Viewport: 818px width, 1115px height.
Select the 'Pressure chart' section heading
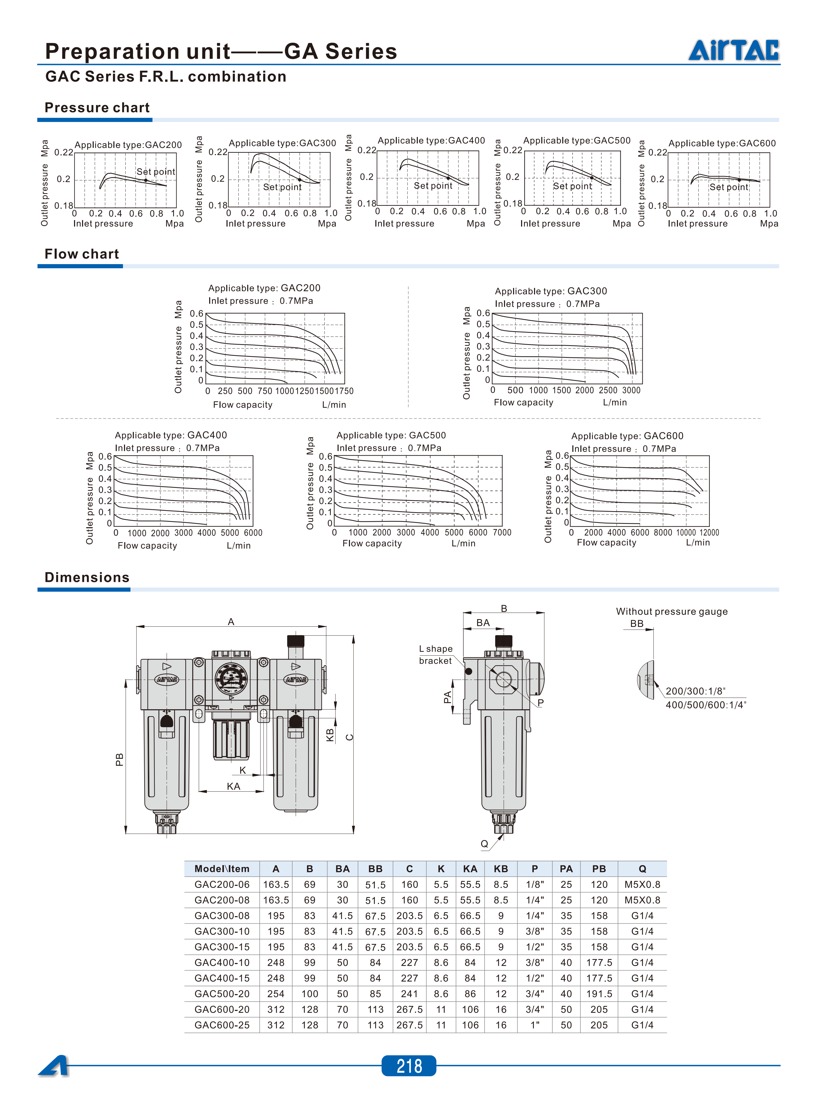coord(97,107)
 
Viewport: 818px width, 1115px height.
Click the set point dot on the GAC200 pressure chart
coord(145,180)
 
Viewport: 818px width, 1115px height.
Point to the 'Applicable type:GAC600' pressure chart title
coord(722,143)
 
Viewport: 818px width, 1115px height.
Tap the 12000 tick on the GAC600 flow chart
coord(709,532)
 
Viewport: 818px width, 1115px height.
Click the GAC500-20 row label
coord(222,994)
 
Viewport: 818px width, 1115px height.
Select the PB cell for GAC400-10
coord(599,962)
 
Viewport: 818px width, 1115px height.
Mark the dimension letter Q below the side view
coord(484,844)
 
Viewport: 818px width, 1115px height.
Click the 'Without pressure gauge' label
coord(671,611)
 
